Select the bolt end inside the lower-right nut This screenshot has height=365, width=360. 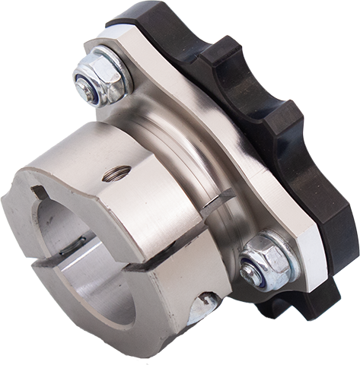pyautogui.click(x=252, y=271)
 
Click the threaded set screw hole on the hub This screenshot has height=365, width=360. pyautogui.click(x=114, y=176)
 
